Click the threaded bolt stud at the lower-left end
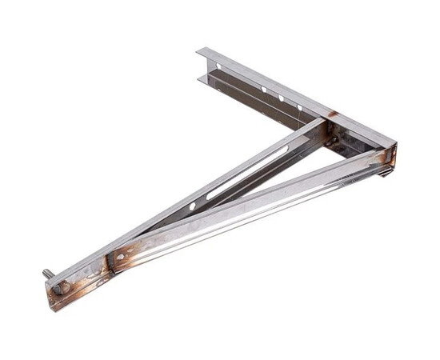[x=49, y=274]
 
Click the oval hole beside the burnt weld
[x=120, y=258]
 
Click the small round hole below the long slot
[x=192, y=206]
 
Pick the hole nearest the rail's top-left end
[x=218, y=66]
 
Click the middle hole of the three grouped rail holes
[x=281, y=98]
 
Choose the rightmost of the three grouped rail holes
[x=300, y=108]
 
